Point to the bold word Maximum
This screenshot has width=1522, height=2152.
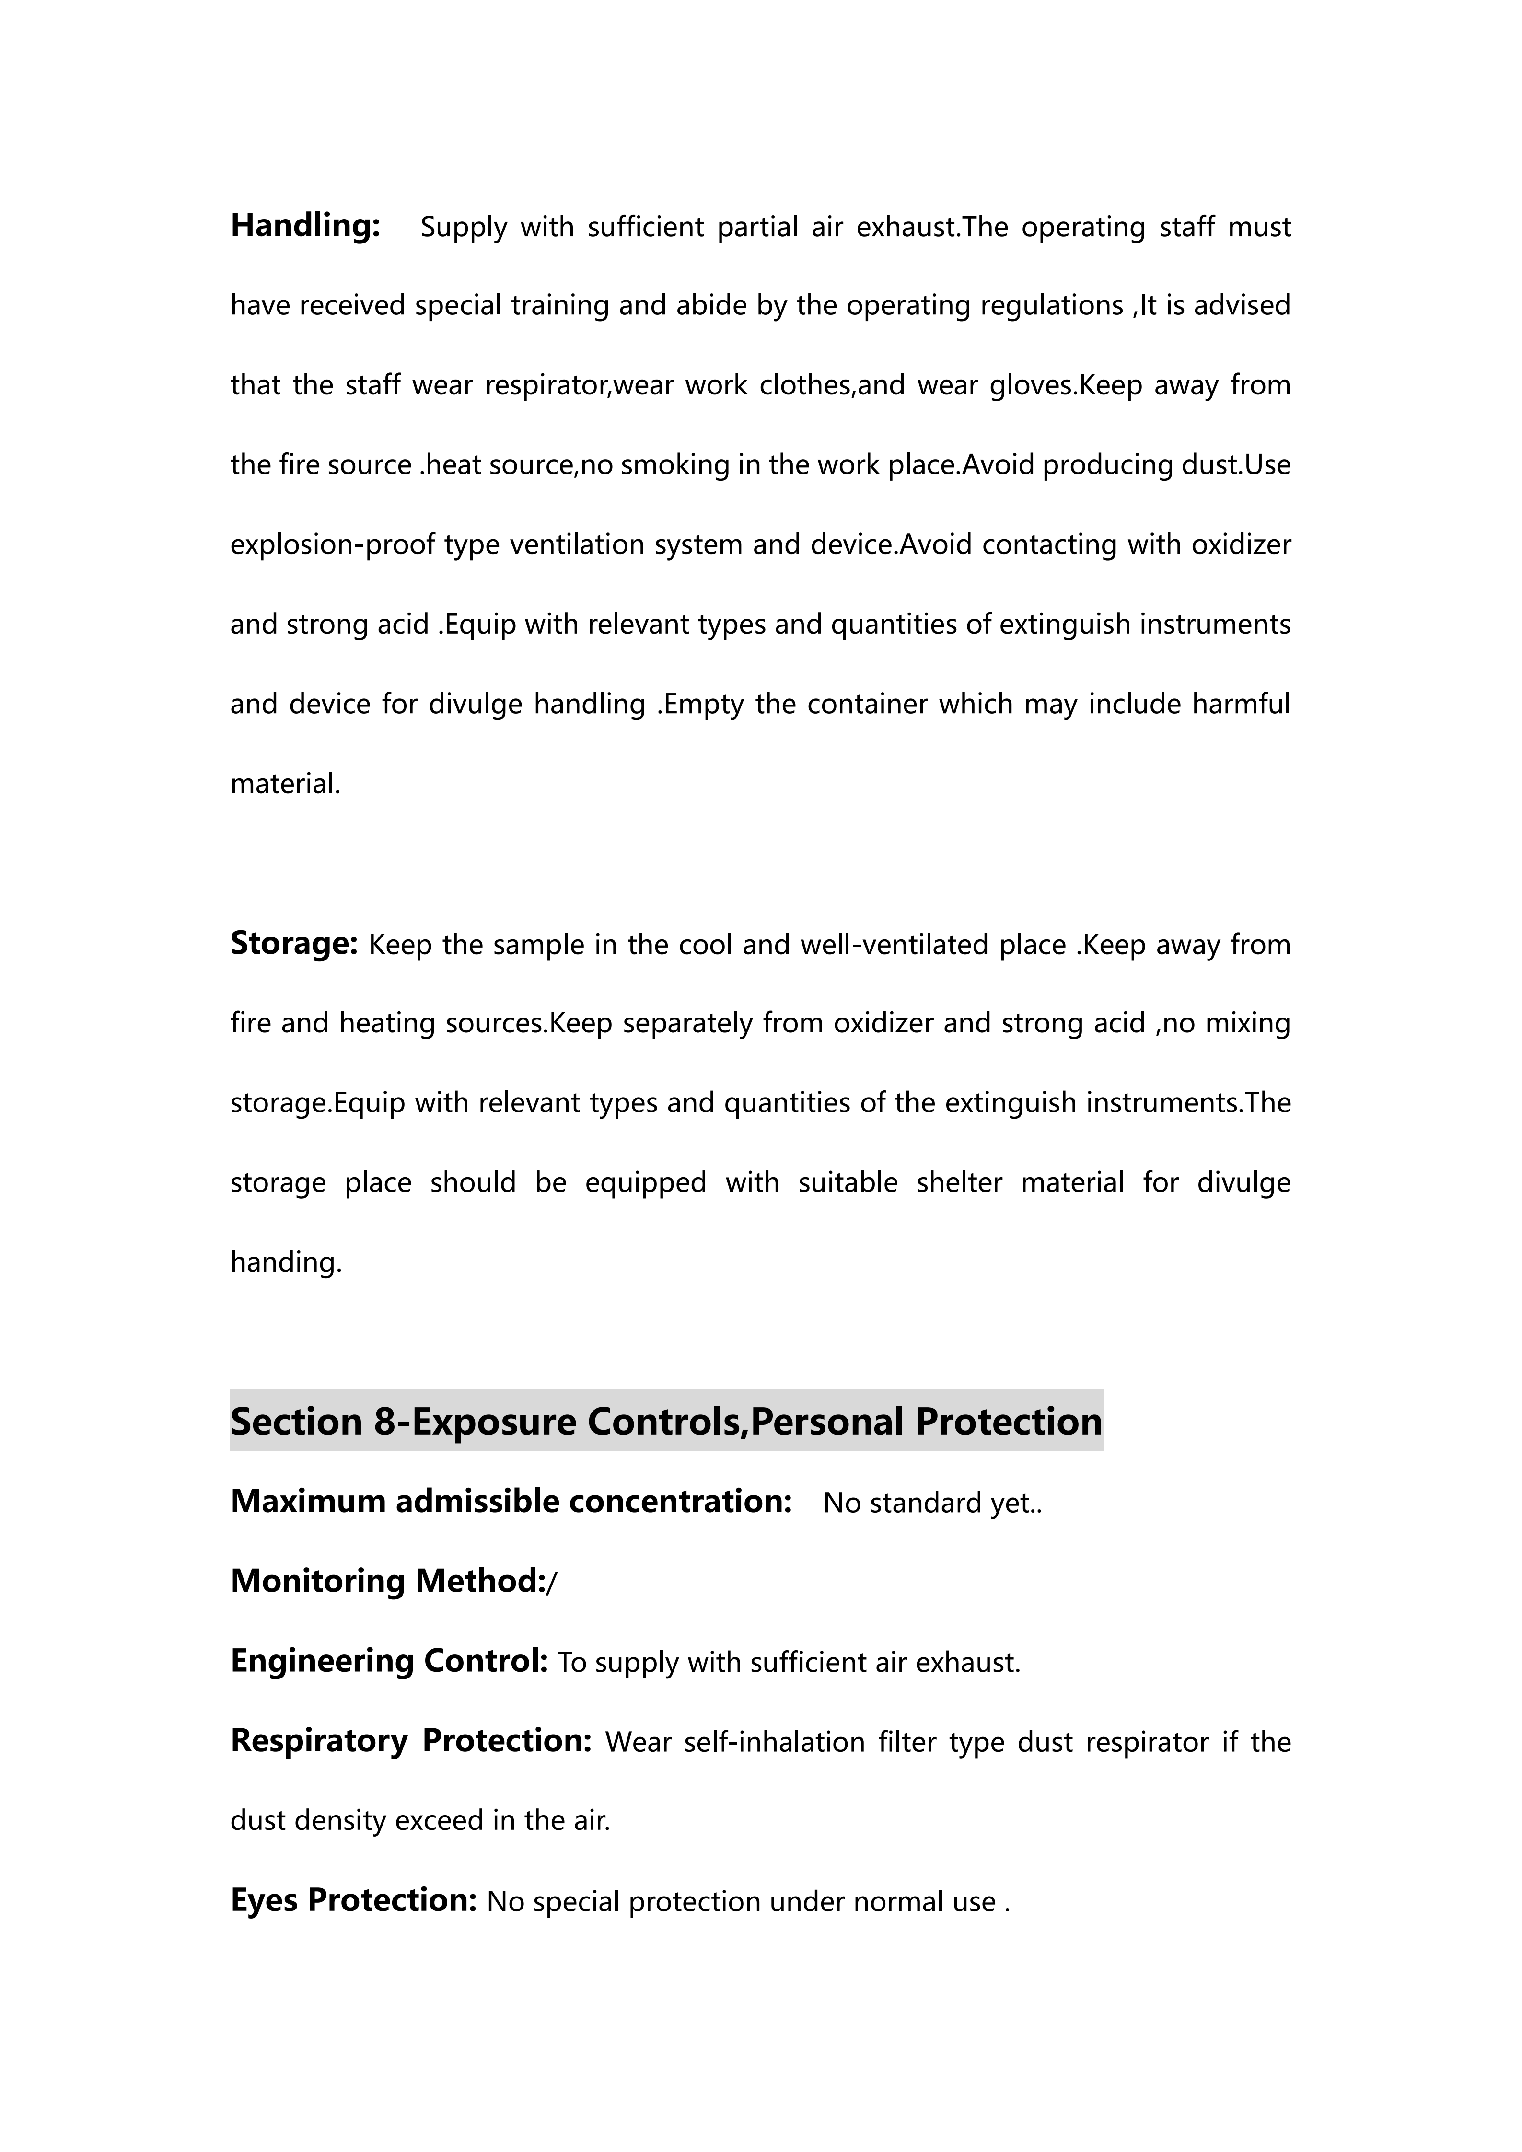click(x=308, y=1502)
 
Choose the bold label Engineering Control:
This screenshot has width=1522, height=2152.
click(x=389, y=1661)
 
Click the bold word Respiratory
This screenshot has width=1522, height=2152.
click(x=319, y=1741)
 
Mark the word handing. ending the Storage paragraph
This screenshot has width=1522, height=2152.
click(x=286, y=1262)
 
